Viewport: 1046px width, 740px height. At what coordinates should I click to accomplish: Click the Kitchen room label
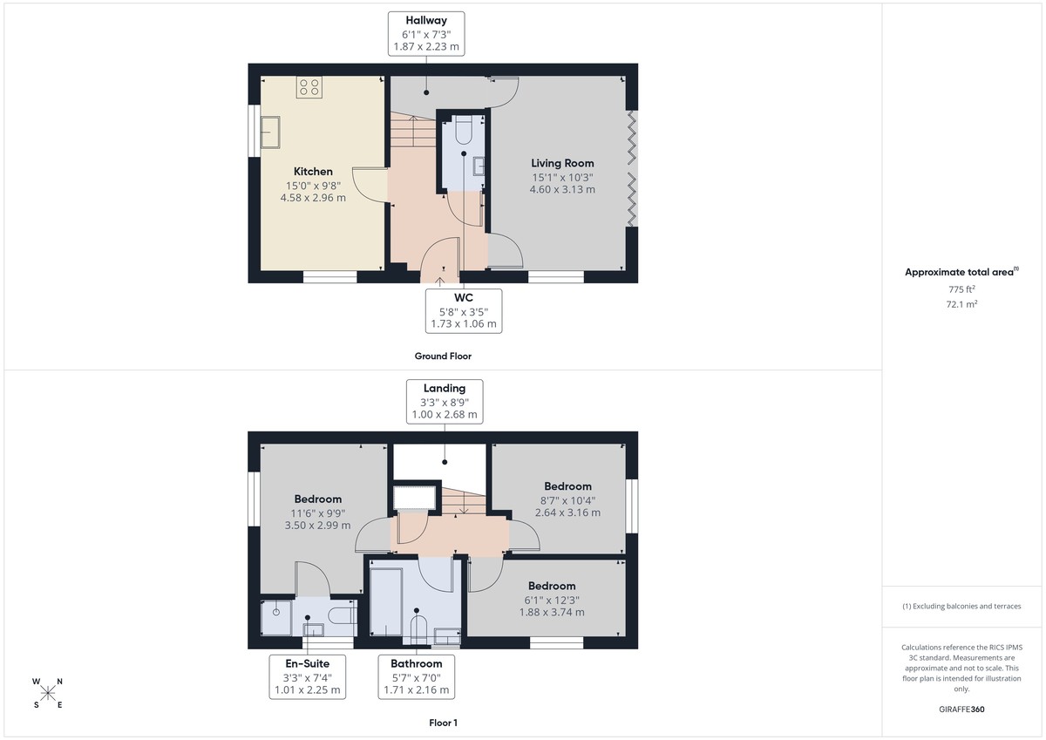[313, 172]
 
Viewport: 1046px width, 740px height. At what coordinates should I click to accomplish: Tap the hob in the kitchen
[309, 87]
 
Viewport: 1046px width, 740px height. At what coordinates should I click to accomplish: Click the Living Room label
[562, 163]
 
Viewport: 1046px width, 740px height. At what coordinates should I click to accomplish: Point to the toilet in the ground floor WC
[463, 131]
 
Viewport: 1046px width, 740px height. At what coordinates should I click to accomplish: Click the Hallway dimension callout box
[426, 34]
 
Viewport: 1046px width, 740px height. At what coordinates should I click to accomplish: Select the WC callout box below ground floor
[463, 310]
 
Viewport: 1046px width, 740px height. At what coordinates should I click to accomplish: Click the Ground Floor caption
[443, 356]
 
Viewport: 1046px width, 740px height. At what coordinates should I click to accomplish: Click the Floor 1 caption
[443, 723]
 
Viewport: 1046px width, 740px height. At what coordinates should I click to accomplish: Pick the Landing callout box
[445, 401]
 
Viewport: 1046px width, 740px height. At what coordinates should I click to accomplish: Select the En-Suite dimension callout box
[307, 676]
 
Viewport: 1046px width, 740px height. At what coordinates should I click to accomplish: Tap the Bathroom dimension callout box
[416, 676]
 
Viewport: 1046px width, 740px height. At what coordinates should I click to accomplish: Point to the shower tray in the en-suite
[277, 618]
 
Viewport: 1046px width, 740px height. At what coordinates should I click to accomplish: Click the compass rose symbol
[48, 693]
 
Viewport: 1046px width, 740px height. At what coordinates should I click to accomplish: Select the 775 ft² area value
[961, 289]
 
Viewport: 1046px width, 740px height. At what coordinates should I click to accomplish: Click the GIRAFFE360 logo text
[961, 709]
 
